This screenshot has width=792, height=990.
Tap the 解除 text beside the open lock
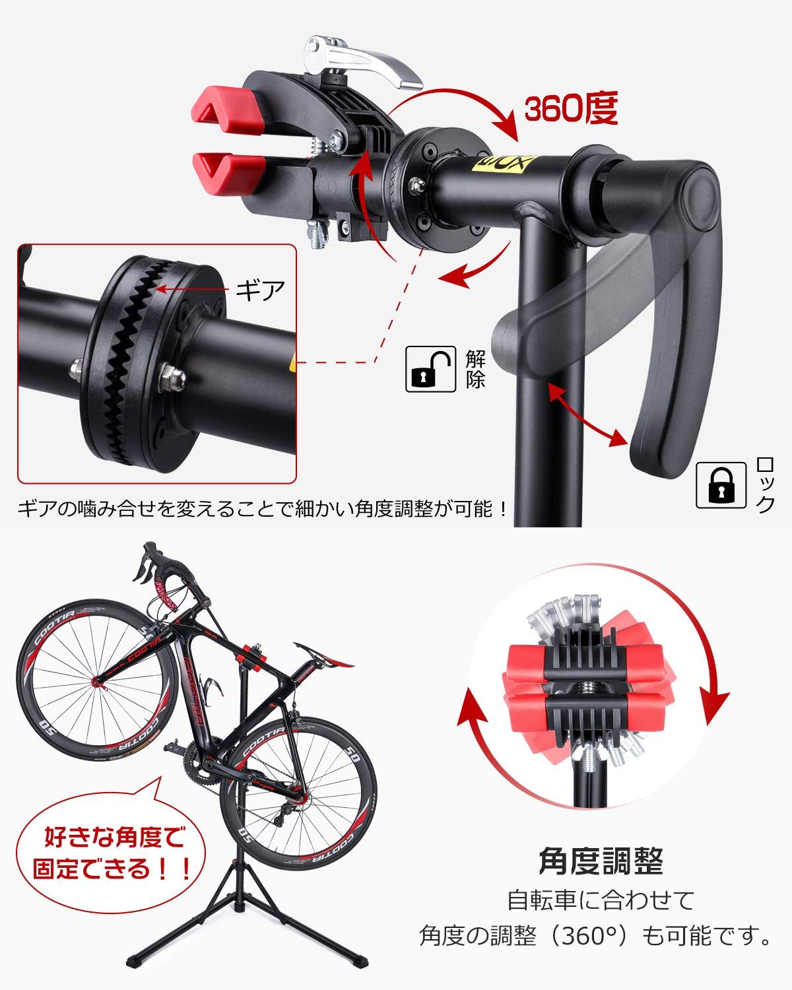475,370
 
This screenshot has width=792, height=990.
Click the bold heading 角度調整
600,860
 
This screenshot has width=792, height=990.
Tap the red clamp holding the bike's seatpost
253,656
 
